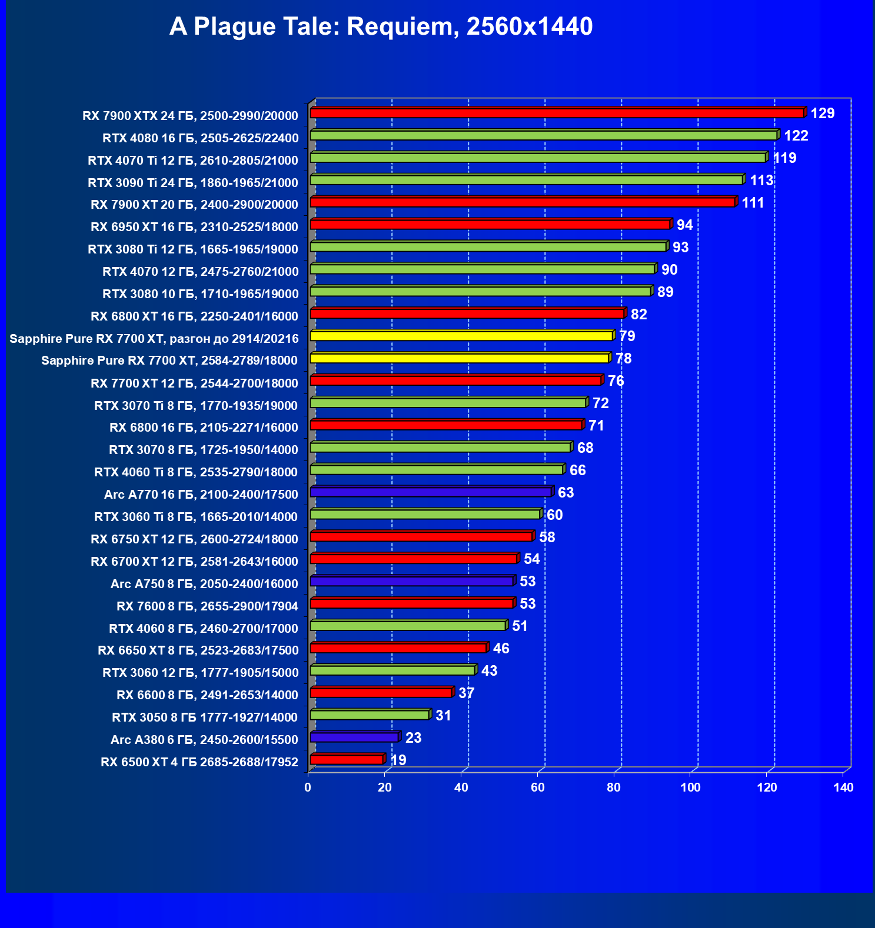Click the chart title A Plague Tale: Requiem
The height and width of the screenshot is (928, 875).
coord(381,27)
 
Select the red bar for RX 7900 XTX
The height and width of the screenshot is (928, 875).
coord(556,113)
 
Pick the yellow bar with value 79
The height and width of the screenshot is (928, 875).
coord(461,336)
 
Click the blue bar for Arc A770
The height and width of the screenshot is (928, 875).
coord(430,492)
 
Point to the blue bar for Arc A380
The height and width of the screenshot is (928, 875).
coord(354,737)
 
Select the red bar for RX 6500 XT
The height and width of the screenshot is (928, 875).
coord(347,759)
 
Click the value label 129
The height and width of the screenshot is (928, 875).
coord(822,114)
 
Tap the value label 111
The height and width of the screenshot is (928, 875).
coord(753,203)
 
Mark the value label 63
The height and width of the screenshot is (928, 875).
coord(565,492)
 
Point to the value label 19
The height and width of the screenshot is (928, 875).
coord(398,760)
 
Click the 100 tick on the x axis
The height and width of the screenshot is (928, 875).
coord(690,787)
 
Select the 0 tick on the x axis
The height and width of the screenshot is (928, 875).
coord(308,787)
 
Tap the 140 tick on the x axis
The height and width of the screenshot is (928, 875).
coord(843,787)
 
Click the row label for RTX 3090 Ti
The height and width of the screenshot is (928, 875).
coord(193,183)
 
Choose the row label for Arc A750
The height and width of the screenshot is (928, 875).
coord(204,584)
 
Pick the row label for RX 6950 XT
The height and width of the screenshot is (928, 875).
coord(194,227)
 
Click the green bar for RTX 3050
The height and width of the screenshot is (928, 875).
coord(370,715)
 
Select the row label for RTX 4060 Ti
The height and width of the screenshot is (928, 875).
coord(196,472)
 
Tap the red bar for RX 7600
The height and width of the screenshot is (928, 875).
coord(411,603)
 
